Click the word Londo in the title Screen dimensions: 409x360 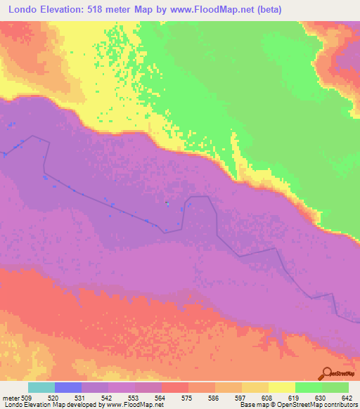point(25,10)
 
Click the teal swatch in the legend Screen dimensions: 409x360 point(41,387)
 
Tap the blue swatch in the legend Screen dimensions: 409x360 point(68,387)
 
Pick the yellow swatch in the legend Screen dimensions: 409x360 point(281,387)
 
